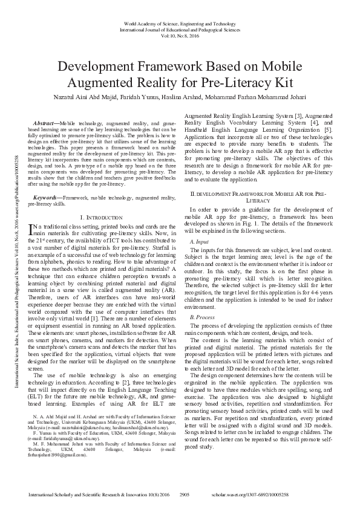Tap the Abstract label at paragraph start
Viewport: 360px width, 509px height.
click(x=47, y=123)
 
